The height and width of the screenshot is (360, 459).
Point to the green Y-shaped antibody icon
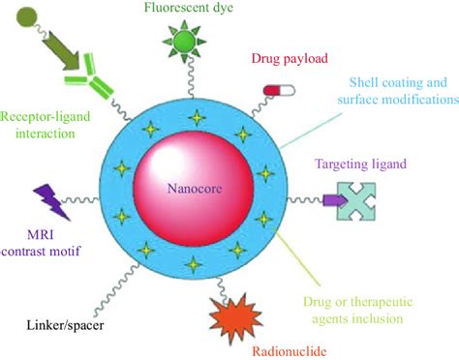click(89, 80)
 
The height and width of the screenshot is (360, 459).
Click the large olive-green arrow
click(59, 52)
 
